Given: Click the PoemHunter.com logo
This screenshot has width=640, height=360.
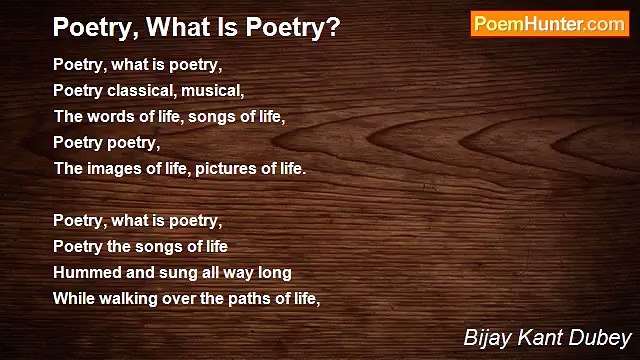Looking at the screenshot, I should click(549, 24).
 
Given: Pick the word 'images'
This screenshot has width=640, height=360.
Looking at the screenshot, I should click(114, 168).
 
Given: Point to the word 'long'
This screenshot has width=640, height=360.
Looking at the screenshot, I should click(274, 271).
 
